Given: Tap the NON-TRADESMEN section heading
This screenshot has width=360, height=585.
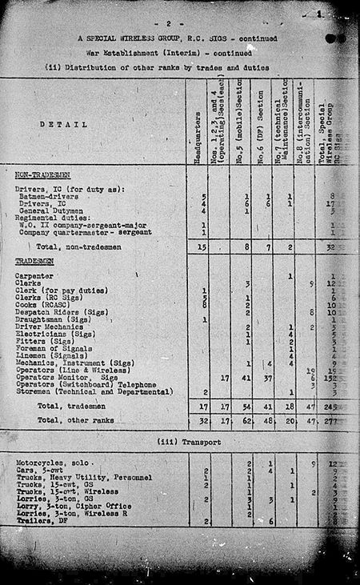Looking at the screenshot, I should [43, 174].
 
